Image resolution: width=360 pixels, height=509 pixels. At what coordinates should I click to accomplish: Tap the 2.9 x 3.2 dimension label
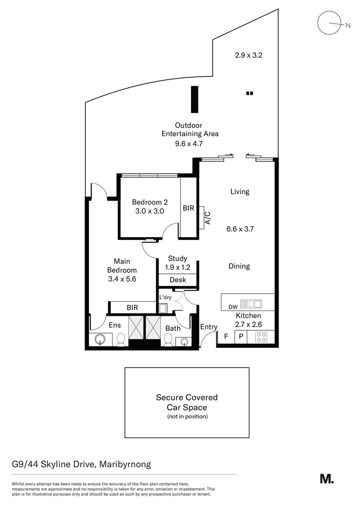tap(248, 55)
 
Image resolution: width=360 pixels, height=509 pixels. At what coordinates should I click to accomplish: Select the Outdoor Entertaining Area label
tap(189, 130)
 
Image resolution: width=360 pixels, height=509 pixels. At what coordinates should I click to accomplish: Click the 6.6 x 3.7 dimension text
tap(241, 229)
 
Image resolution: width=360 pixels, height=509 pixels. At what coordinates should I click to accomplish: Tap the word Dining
tap(239, 266)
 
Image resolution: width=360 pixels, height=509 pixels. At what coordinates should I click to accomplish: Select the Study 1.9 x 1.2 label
tap(178, 263)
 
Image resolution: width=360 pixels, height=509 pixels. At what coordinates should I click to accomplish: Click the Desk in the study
tap(178, 280)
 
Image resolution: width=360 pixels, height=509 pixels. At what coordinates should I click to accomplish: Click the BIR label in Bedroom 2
tap(188, 207)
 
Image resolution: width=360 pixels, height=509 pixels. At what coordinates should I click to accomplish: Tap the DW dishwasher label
tap(233, 307)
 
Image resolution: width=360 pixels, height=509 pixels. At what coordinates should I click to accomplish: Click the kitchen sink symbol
tap(251, 304)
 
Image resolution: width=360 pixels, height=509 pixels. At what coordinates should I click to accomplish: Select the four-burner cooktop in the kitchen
tap(261, 337)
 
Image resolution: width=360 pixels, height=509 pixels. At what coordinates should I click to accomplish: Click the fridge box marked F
tap(226, 337)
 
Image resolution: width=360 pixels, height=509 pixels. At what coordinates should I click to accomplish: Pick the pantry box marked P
tap(241, 337)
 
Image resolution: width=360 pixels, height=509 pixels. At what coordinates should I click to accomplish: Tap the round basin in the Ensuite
tap(99, 339)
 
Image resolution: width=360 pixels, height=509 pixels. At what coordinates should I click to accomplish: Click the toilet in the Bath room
tap(167, 340)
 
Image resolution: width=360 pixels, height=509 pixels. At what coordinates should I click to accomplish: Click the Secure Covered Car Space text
tap(187, 402)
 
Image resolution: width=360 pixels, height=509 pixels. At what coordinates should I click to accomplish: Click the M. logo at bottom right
tap(327, 479)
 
